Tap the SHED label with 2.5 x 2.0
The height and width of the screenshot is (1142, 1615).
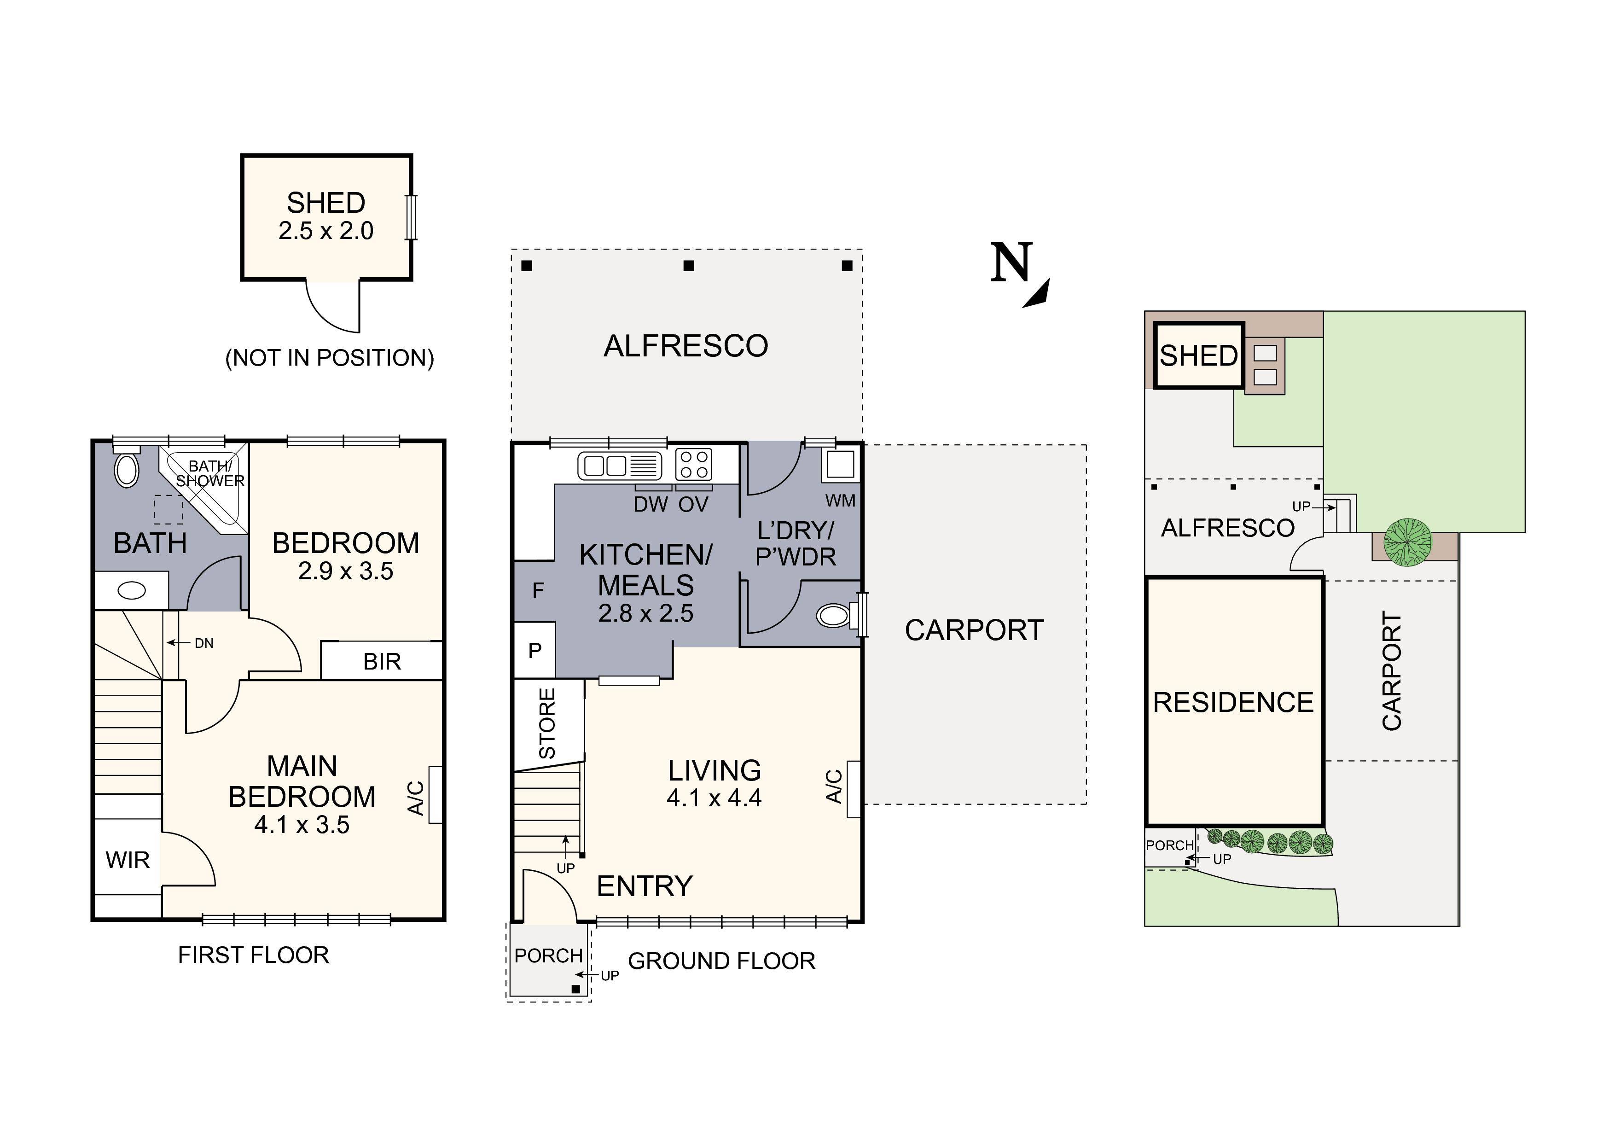[x=325, y=216]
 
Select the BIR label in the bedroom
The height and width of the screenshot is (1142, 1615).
[x=382, y=661]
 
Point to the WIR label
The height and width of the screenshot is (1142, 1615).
[x=128, y=860]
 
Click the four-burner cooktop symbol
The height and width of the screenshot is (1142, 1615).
[x=693, y=465]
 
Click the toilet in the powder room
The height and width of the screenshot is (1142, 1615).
[x=834, y=616]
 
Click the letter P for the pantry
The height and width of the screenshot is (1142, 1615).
[x=534, y=650]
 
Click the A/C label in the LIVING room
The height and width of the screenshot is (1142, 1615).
[x=834, y=787]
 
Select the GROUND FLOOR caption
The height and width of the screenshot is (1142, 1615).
[x=721, y=961]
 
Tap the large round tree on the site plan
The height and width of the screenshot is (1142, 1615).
[x=1407, y=542]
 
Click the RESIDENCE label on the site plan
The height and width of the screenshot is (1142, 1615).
[x=1233, y=702]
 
